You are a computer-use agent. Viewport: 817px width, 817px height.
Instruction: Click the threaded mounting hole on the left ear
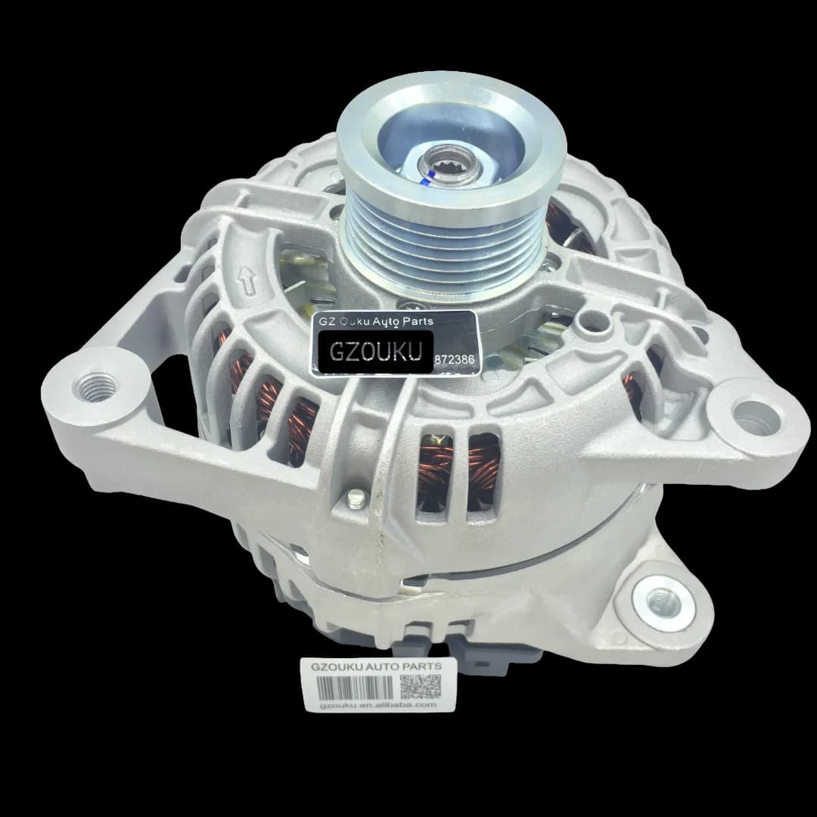pyautogui.click(x=95, y=386)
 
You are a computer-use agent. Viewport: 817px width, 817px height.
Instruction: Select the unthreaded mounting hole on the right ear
pyautogui.click(x=757, y=416)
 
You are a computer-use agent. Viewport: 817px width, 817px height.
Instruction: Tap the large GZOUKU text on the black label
pyautogui.click(x=374, y=352)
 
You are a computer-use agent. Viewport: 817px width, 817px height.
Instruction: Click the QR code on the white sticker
pyautogui.click(x=420, y=687)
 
